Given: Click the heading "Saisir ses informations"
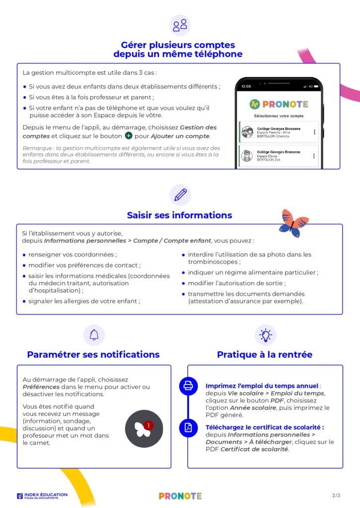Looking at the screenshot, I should [179, 215].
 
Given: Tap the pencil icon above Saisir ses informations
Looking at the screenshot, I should [180, 194].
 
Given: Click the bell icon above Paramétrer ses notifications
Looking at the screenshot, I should [94, 335].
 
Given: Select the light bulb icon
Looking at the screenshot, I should [265, 335].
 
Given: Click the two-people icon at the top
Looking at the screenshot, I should [180, 25].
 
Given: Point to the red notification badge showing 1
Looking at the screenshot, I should [148, 425].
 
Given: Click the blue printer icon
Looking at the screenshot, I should [188, 385].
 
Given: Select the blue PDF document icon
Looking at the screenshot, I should [188, 428].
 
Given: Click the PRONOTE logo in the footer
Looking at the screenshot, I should [180, 496].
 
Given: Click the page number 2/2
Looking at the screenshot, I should [336, 496].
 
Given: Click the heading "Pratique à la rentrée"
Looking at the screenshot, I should [265, 355].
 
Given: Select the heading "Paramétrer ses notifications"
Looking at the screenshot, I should [93, 355].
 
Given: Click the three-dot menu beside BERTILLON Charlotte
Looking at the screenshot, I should [314, 132].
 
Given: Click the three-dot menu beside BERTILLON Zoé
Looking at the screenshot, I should [314, 156].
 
